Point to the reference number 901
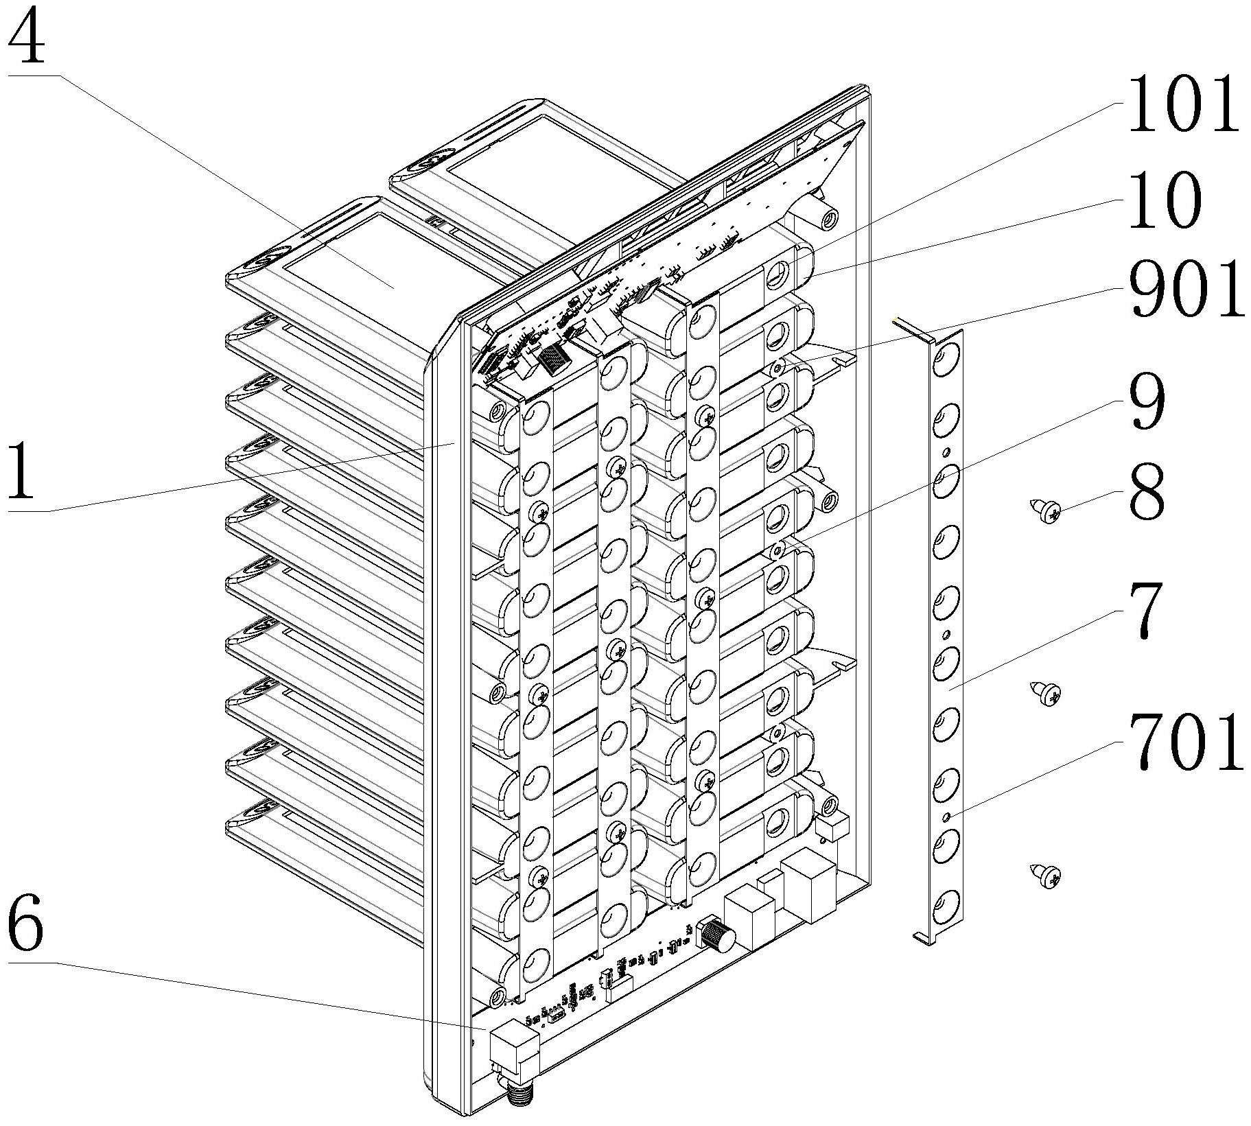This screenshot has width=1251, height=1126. click(1186, 291)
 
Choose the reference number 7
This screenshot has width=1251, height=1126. click(1145, 610)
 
